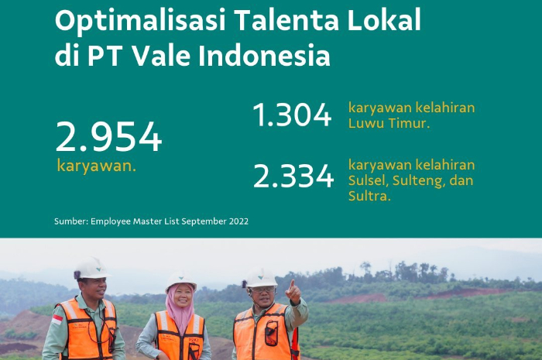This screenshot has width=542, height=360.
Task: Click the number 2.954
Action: (x=108, y=138)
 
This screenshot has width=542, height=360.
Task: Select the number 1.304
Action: (x=292, y=116)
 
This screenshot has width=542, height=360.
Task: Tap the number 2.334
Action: (x=293, y=177)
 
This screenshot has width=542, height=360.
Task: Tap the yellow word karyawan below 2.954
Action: (x=96, y=166)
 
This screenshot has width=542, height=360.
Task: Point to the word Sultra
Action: (x=369, y=197)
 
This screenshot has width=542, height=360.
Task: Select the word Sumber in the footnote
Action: (x=70, y=221)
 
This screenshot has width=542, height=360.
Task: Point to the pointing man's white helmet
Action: (x=261, y=277)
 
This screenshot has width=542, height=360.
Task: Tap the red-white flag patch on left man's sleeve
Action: (x=57, y=318)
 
